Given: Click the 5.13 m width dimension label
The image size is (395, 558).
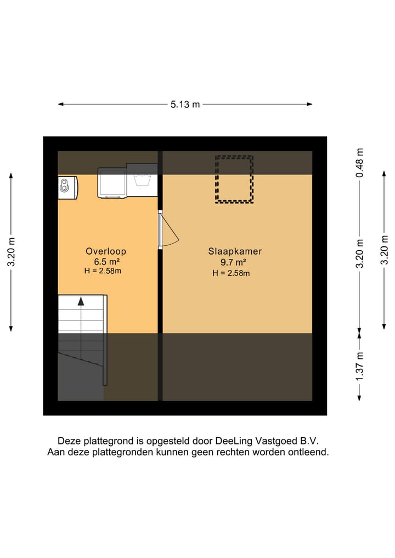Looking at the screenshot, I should pos(185,104).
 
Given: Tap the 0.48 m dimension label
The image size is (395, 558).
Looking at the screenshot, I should pos(359,162).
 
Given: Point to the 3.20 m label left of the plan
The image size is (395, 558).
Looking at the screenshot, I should pos(11,252).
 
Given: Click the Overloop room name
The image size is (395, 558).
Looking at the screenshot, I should pos(105,251).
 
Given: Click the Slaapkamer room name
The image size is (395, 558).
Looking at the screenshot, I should pos(235,251).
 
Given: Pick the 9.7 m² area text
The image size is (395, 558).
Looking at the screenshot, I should pos(231,262).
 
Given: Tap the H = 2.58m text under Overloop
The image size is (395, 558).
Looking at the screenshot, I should pos(103,271).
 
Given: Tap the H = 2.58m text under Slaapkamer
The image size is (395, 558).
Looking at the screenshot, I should pos(231,273).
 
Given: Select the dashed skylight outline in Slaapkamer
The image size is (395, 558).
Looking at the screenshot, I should pos(234,179).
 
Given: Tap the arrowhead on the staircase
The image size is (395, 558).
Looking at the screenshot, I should pos(81,301).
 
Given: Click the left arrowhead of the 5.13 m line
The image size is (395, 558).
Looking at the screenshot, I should pos(61,104).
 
